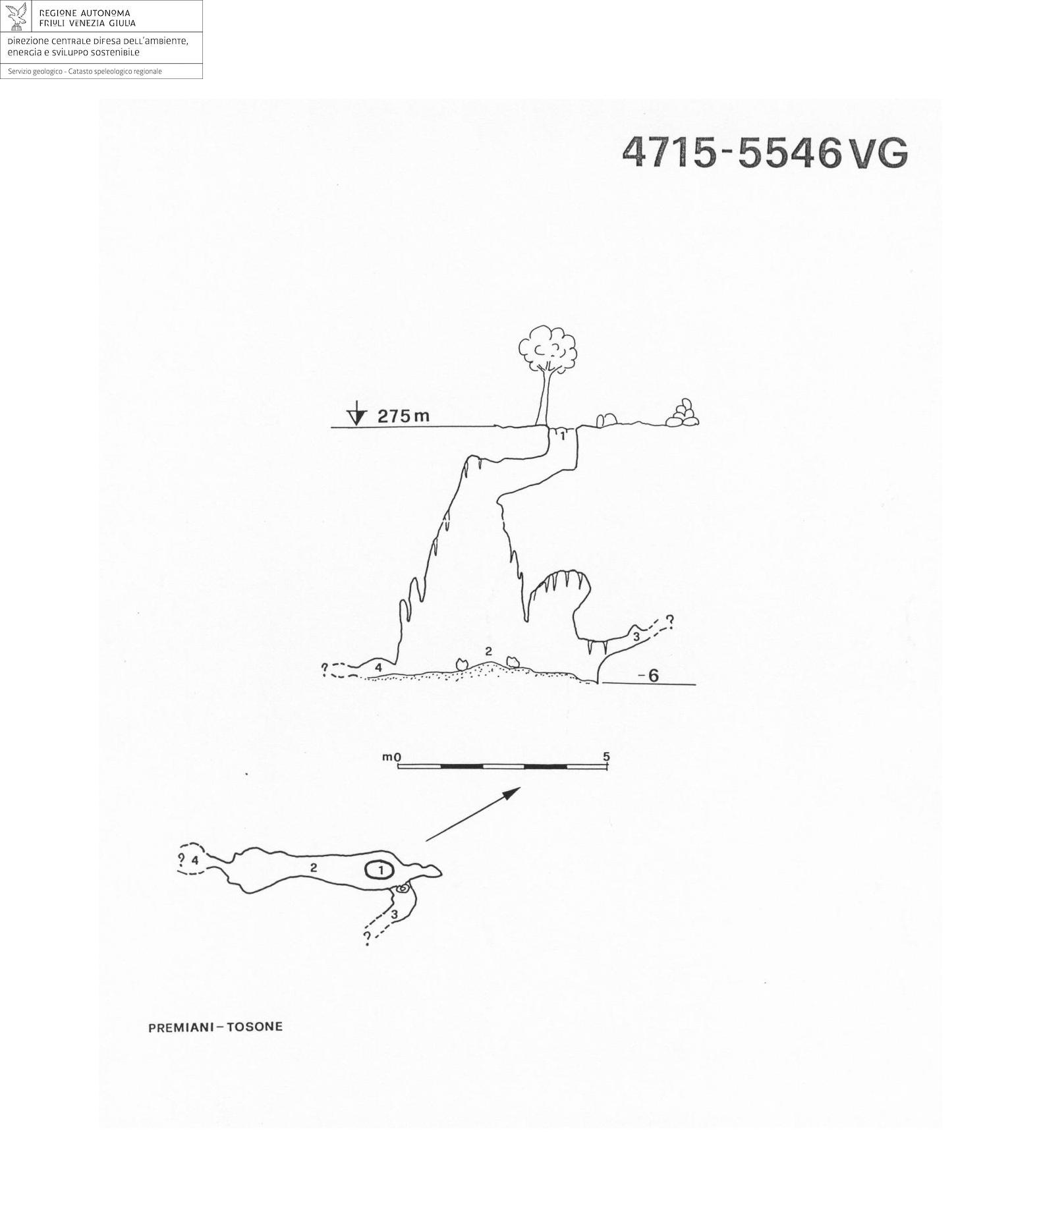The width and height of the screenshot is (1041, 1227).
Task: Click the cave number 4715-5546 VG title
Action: tap(765, 153)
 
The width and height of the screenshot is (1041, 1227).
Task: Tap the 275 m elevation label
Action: tap(403, 416)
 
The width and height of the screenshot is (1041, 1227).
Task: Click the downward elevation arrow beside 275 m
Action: tap(356, 414)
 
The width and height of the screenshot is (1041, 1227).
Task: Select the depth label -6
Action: tap(648, 675)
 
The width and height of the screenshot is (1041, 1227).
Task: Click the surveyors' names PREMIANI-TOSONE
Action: tap(215, 1027)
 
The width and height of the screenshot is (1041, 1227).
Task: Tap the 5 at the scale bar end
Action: tap(607, 757)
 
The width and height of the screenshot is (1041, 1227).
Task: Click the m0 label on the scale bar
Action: tap(391, 757)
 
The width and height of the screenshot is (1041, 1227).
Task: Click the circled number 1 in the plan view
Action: tap(380, 870)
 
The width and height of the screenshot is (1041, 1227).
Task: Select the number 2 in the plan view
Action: tap(314, 868)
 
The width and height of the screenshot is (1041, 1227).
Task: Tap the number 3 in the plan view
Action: tap(394, 914)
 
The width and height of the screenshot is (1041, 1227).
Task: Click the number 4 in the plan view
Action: tap(195, 860)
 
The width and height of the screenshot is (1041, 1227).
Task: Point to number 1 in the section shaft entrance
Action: tap(563, 436)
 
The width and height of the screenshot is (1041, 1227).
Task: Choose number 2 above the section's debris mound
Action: tap(488, 651)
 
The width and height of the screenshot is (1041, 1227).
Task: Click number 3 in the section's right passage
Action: tap(636, 637)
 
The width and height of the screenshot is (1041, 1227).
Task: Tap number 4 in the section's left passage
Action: tap(378, 668)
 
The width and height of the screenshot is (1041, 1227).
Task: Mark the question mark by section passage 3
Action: tap(669, 620)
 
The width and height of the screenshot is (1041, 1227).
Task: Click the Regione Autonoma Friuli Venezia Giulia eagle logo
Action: tap(16, 16)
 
